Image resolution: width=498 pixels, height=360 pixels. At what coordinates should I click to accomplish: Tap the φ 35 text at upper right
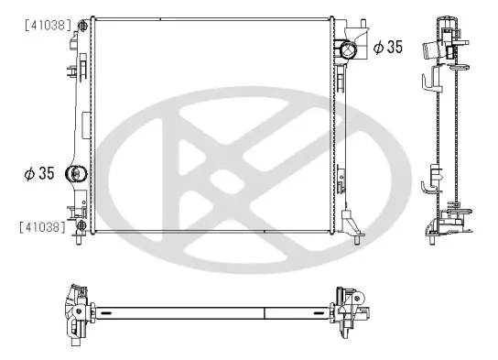click(387, 48)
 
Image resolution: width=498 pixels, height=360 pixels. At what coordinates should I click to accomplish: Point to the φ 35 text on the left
click(39, 172)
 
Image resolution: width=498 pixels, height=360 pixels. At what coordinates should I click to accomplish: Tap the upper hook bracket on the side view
click(428, 82)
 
